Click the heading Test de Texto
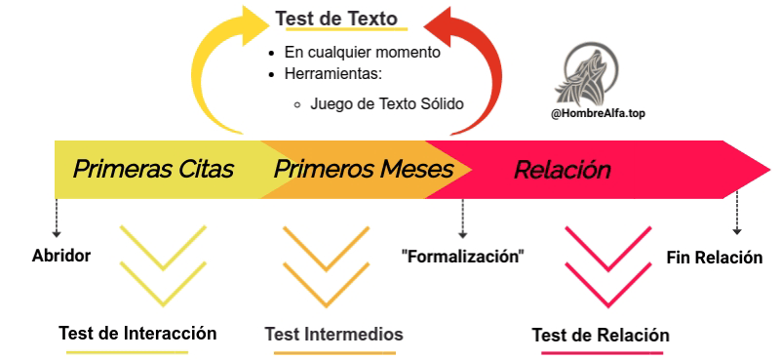point(336,19)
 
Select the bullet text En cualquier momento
point(362,53)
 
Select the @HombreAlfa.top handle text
point(598,113)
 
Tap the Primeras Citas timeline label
point(153,169)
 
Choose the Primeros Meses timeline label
point(363,169)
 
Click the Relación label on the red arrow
point(562,170)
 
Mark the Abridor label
point(60,257)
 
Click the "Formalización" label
point(463,257)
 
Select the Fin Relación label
point(714,258)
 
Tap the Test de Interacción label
point(137,333)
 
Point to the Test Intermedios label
point(333,335)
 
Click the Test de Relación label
point(601,336)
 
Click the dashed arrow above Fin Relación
point(737,212)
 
